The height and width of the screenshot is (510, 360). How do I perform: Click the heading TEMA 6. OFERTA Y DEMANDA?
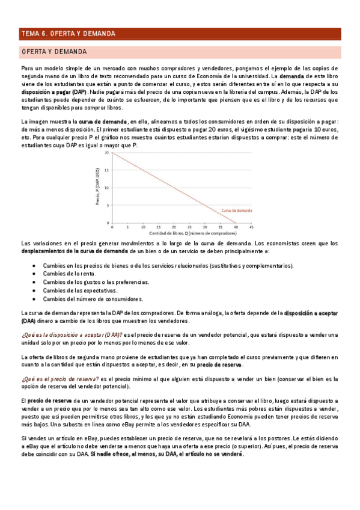pos(67,34)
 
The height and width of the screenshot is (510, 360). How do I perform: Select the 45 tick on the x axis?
pos(251,227)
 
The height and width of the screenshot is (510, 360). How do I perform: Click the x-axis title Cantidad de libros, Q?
pos(181,232)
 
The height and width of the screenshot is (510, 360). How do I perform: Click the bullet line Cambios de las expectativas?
pos(80,290)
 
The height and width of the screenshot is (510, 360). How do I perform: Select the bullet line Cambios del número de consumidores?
pos(88,299)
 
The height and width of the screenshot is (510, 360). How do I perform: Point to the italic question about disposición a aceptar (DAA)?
pos(72,334)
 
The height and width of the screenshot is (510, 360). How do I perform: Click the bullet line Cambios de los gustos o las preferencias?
pos(92,282)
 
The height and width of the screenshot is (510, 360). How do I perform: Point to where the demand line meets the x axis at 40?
pos(236,222)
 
